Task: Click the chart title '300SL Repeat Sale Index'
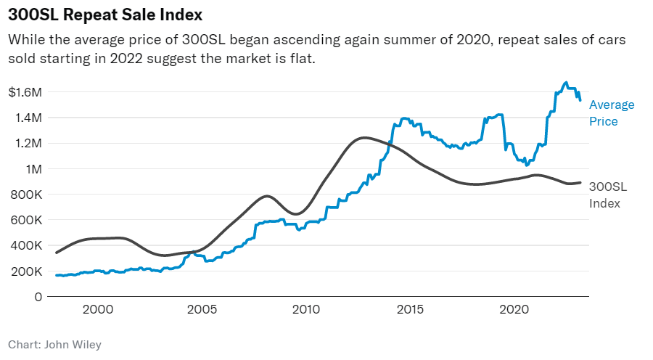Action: [x=105, y=15]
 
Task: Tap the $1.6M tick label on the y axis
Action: [x=26, y=92]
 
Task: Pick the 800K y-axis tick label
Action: [x=27, y=195]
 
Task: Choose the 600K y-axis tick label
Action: [x=27, y=220]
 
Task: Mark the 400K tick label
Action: [x=27, y=245]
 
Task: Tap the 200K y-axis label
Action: [x=27, y=271]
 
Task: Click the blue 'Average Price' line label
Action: [x=611, y=113]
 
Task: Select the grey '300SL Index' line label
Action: [x=607, y=195]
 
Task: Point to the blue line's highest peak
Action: [x=566, y=83]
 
